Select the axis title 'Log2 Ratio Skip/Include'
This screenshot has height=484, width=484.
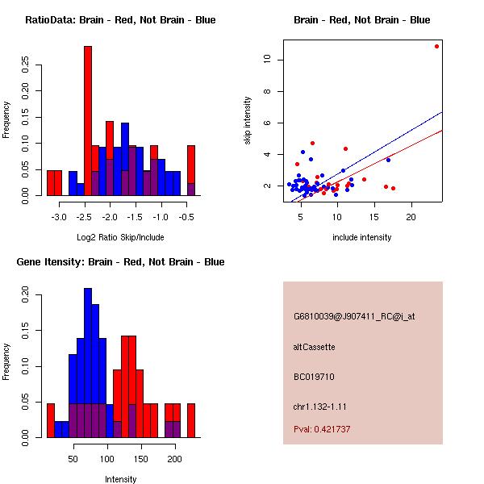(120, 237)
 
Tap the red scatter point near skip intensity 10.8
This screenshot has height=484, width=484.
(436, 46)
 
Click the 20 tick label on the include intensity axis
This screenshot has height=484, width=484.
(411, 218)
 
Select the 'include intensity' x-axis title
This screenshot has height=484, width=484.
(362, 237)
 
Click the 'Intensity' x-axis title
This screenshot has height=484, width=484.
(120, 479)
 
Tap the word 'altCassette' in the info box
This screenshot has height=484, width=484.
(315, 347)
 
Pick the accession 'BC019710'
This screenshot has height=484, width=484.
(315, 377)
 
